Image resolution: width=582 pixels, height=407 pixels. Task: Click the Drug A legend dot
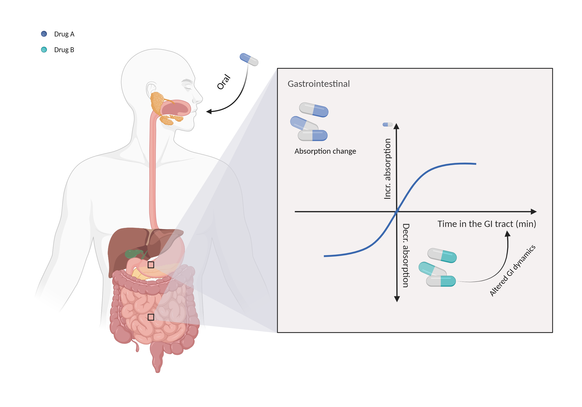44,34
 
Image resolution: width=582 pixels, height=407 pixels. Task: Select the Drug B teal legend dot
44,50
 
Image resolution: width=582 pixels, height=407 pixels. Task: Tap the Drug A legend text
64,34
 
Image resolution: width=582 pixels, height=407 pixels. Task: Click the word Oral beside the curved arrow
224,82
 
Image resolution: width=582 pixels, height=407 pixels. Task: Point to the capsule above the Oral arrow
249,59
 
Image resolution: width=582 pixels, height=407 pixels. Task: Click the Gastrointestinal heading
318,84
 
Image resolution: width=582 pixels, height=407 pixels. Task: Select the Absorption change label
325,151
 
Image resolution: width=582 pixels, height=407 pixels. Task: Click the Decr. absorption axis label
406,255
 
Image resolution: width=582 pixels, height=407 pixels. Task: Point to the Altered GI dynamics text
512,271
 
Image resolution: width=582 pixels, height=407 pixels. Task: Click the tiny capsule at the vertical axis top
388,125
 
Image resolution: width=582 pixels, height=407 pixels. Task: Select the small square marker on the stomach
151,265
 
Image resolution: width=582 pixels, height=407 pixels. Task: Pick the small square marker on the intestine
151,317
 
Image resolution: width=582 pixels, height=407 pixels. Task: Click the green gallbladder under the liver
133,254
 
